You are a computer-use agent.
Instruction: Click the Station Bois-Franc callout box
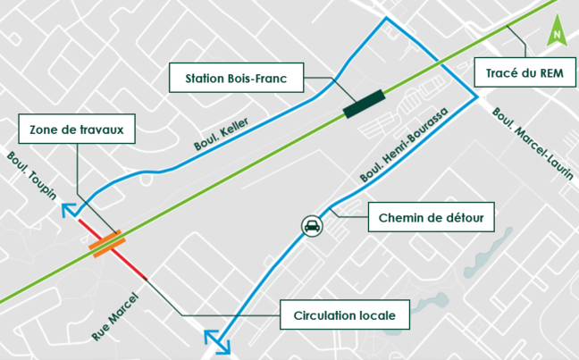tap(237, 78)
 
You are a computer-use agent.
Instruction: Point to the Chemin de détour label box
tap(425, 215)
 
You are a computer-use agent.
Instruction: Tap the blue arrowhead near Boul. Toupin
tap(68, 210)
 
